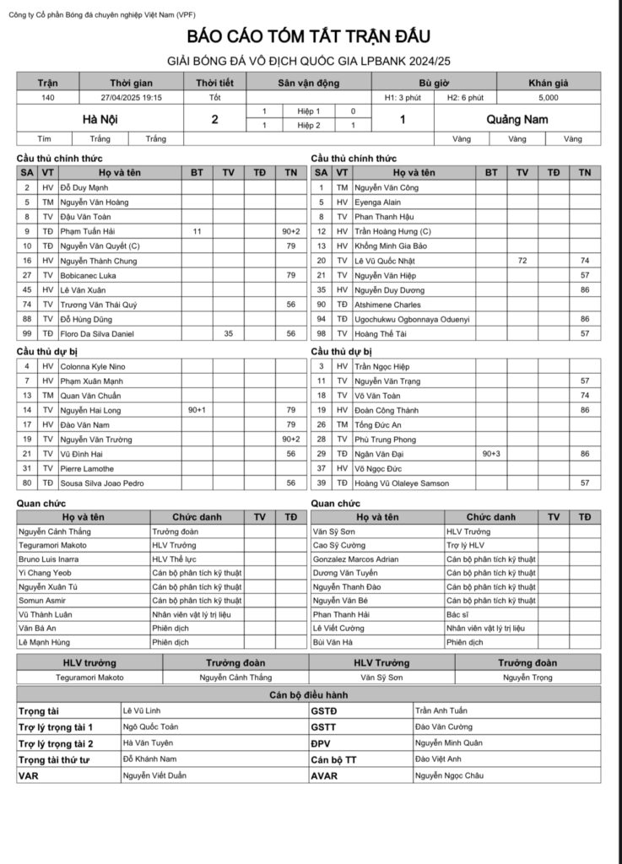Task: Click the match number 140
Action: [48, 98]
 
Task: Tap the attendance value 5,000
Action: [548, 98]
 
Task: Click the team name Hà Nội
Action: [100, 119]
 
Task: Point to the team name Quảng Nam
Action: [517, 119]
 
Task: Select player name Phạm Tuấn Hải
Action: [88, 230]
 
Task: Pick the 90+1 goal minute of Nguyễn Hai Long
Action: [197, 410]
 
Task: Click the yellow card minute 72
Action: [522, 261]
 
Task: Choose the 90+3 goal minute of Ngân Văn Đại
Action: [491, 454]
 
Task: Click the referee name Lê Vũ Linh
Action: [142, 710]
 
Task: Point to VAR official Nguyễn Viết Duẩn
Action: [154, 775]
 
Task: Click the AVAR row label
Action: [324, 775]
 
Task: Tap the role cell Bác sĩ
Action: [457, 614]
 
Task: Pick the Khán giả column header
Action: [548, 83]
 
